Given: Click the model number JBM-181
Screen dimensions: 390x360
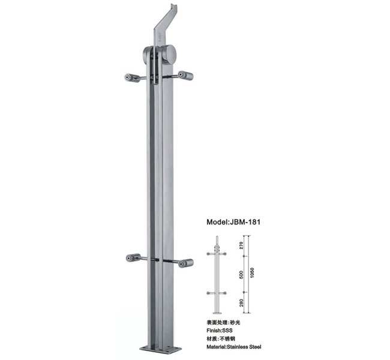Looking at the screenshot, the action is pyautogui.click(x=244, y=222).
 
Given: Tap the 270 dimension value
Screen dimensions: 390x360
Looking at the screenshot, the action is pyautogui.click(x=241, y=245).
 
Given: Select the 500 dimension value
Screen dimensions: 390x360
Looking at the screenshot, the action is pyautogui.click(x=241, y=274).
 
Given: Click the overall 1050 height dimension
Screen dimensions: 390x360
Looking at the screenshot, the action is pyautogui.click(x=252, y=272).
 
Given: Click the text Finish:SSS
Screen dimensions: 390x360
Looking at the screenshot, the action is pyautogui.click(x=220, y=331).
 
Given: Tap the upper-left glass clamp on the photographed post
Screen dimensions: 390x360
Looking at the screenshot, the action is pyautogui.click(x=132, y=77).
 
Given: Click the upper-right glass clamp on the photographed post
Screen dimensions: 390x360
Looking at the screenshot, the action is pyautogui.click(x=185, y=76).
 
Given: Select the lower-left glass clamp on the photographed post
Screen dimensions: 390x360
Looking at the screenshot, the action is pyautogui.click(x=133, y=258).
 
